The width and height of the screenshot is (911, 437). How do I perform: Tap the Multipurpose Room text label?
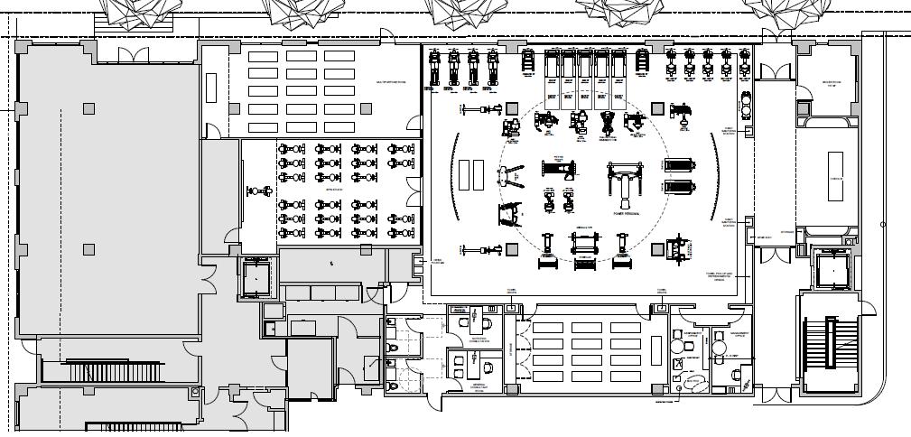pyautogui.click(x=391, y=83)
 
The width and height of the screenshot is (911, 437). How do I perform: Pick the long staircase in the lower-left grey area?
pyautogui.click(x=113, y=370)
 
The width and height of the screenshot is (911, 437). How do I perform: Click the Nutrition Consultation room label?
pyautogui.click(x=479, y=341)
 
